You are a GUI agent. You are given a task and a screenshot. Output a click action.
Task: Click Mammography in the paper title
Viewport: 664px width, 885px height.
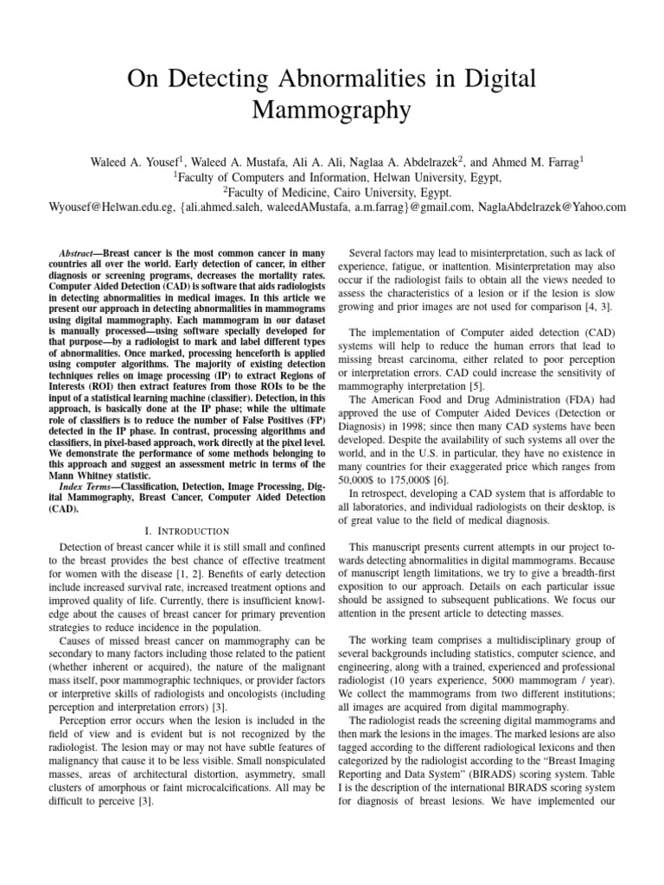tap(332, 111)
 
